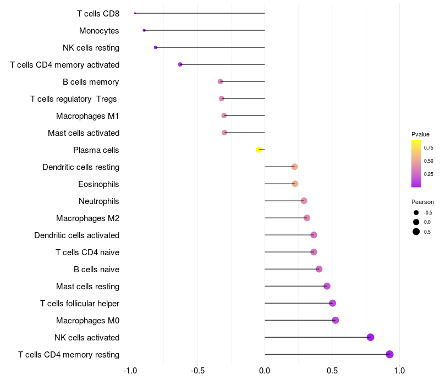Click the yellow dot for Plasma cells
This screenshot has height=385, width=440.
click(x=258, y=150)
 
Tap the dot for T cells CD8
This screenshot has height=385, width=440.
click(x=135, y=13)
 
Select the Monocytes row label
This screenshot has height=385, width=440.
click(x=99, y=31)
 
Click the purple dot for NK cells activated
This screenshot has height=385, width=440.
click(x=370, y=337)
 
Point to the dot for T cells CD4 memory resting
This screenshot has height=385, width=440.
click(x=389, y=354)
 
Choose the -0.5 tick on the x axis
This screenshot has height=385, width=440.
click(x=197, y=371)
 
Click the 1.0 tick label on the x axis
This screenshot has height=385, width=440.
click(x=399, y=371)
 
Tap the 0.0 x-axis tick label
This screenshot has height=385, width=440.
click(x=265, y=371)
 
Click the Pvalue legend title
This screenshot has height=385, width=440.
click(x=420, y=134)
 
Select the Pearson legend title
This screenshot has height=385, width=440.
click(x=422, y=202)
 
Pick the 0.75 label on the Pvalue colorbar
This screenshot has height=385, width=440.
click(x=428, y=148)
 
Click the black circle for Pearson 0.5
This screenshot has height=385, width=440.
click(x=416, y=232)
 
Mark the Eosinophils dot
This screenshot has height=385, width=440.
click(x=295, y=184)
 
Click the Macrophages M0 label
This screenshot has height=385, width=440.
click(x=88, y=321)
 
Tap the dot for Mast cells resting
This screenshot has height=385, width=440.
click(x=327, y=286)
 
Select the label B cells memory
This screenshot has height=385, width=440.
click(x=91, y=82)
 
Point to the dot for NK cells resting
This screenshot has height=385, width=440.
click(x=156, y=47)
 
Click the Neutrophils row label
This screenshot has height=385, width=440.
click(x=99, y=201)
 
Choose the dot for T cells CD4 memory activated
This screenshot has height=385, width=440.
click(x=180, y=64)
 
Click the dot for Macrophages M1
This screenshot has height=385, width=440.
click(x=224, y=116)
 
